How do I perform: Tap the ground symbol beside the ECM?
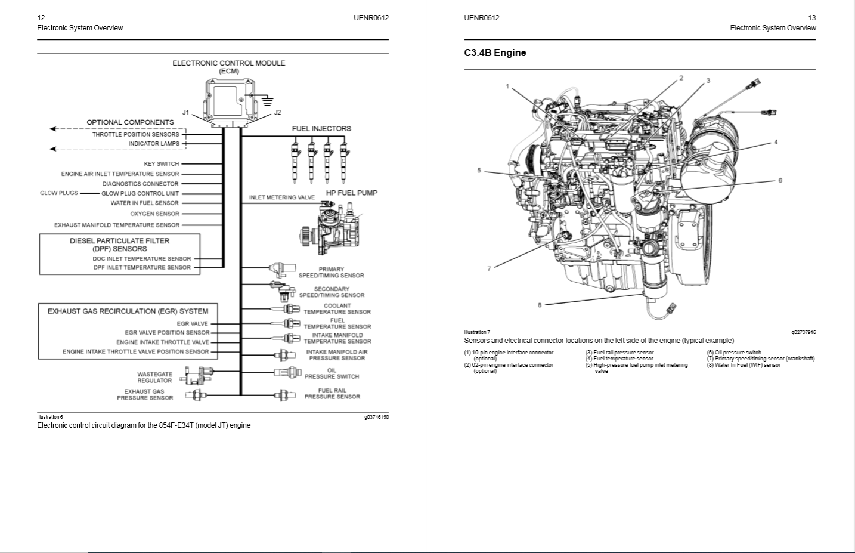267,100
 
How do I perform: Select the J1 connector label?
186,112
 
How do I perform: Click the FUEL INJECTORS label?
321,128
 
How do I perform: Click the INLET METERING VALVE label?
281,197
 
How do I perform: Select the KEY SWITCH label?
161,163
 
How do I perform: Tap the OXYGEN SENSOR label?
154,214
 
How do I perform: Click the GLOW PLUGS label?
58,193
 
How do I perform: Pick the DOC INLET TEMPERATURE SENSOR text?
141,259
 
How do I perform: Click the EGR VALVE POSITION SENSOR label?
167,333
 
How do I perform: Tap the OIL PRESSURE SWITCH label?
332,373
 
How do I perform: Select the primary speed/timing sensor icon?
281,270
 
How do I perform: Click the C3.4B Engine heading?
495,53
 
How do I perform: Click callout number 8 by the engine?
540,305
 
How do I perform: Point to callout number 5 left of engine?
479,171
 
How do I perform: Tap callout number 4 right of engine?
776,142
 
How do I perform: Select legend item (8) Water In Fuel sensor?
747,365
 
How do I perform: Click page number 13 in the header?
811,18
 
